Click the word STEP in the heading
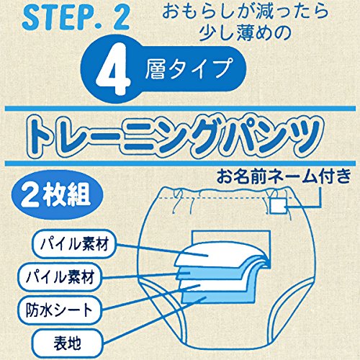click(53, 18)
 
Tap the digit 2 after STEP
click(121, 18)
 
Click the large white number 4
click(113, 69)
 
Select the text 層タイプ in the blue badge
click(189, 68)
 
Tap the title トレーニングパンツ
click(175, 136)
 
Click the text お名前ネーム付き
click(284, 177)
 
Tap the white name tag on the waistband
click(278, 206)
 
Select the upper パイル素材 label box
click(74, 244)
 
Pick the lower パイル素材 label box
click(60, 277)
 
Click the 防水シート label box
click(59, 310)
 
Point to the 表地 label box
click(67, 343)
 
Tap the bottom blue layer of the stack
click(216, 297)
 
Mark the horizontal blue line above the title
click(180, 109)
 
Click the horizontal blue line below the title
click(180, 163)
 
